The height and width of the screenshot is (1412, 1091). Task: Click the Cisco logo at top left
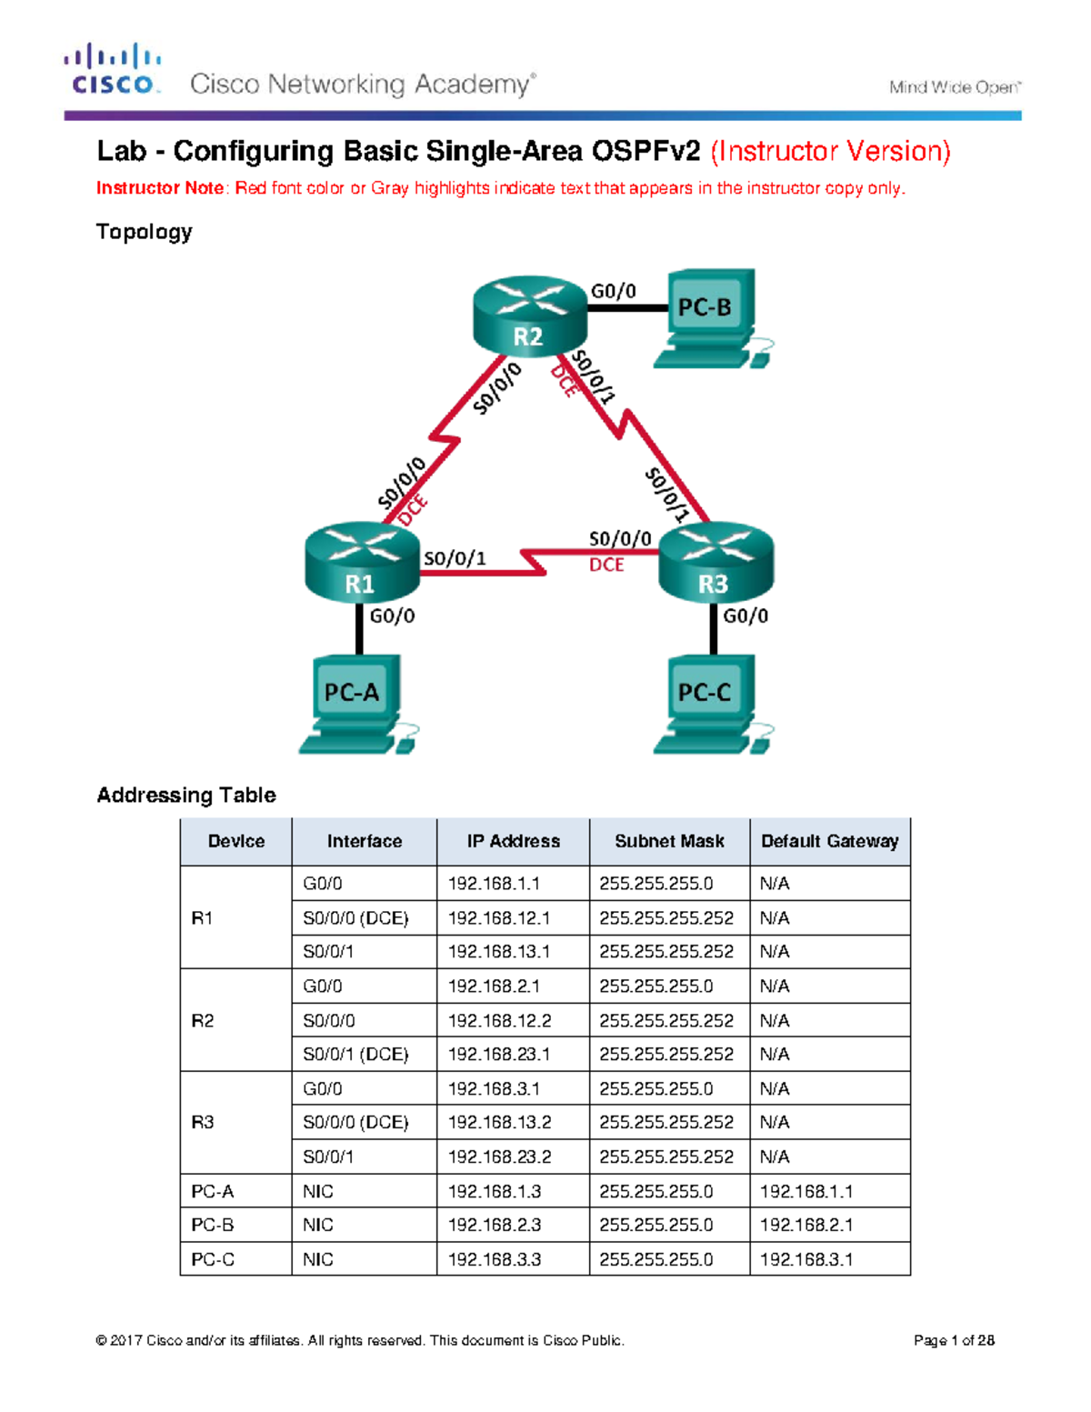(113, 70)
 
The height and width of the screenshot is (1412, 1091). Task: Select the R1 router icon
(361, 563)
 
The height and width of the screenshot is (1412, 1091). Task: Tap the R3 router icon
(716, 563)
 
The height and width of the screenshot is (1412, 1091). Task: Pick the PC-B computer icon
(708, 318)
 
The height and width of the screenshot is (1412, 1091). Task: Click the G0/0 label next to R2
(614, 291)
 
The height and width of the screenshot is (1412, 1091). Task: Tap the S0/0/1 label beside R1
(455, 558)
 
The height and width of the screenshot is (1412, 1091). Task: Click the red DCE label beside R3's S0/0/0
(606, 565)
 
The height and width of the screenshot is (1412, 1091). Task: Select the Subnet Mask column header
(669, 841)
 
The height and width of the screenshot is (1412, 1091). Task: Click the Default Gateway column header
(829, 841)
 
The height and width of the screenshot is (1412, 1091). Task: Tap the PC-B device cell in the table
(213, 1225)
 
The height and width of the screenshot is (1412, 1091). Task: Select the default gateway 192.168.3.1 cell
(806, 1259)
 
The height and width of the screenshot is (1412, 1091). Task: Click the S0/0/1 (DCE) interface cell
(355, 1055)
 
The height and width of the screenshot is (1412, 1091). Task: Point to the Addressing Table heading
(186, 795)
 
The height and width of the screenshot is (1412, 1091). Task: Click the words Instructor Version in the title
(830, 151)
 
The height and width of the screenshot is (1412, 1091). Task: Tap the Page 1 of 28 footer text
(954, 1340)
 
